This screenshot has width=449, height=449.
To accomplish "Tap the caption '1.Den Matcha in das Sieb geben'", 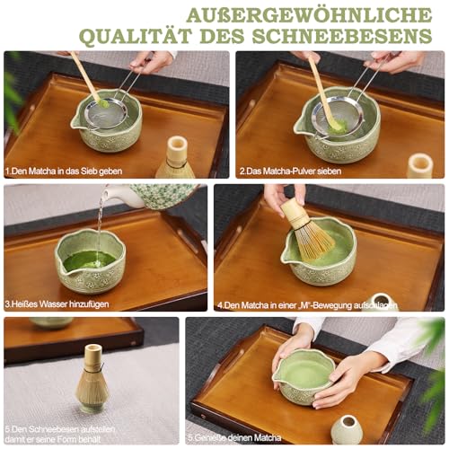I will [x=64, y=170].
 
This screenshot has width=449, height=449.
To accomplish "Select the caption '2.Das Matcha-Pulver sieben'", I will [x=290, y=170].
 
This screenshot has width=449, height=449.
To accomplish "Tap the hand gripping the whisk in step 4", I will [x=280, y=196].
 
